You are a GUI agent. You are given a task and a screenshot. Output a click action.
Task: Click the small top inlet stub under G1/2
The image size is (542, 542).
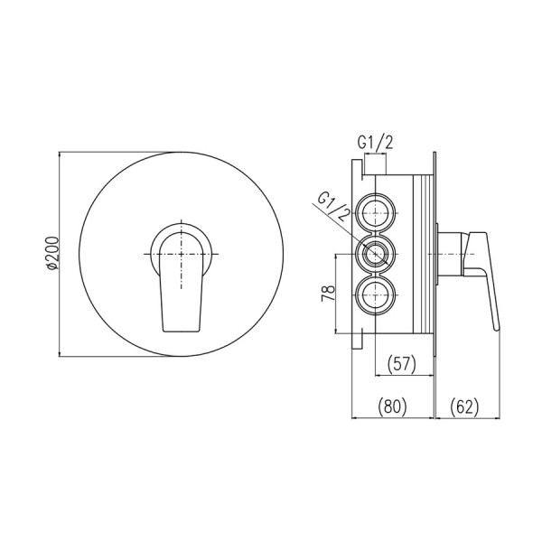[376, 166]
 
